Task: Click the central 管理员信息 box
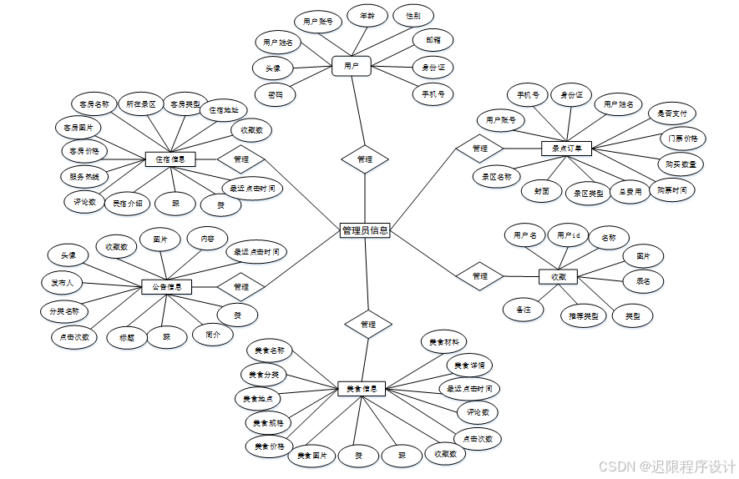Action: (x=365, y=231)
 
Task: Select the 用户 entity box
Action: (x=351, y=65)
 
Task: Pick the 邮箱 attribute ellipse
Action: (x=433, y=39)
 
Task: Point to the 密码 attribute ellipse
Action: (x=275, y=94)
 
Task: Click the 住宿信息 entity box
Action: (x=170, y=159)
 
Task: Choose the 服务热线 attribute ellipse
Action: (x=84, y=176)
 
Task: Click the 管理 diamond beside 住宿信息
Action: (x=240, y=159)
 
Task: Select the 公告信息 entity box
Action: (x=167, y=286)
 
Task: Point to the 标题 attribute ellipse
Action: (x=127, y=337)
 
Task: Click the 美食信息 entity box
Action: (x=361, y=388)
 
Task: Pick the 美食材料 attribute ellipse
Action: (x=443, y=342)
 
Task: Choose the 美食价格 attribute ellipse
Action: (x=270, y=446)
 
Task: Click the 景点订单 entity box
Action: (x=566, y=149)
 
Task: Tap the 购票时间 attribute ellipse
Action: (x=671, y=190)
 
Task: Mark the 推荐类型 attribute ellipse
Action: (x=583, y=316)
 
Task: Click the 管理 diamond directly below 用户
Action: (x=365, y=159)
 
